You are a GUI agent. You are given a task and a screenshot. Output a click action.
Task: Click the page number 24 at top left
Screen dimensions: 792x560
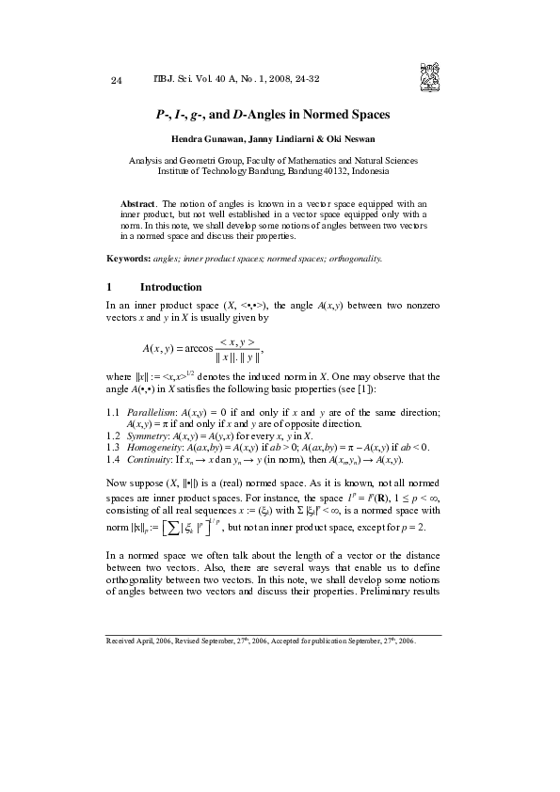[x=117, y=80]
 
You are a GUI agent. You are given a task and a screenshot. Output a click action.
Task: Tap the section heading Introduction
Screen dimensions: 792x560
[x=170, y=287]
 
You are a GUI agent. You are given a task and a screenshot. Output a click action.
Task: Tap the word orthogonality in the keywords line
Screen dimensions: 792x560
[x=355, y=257]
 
